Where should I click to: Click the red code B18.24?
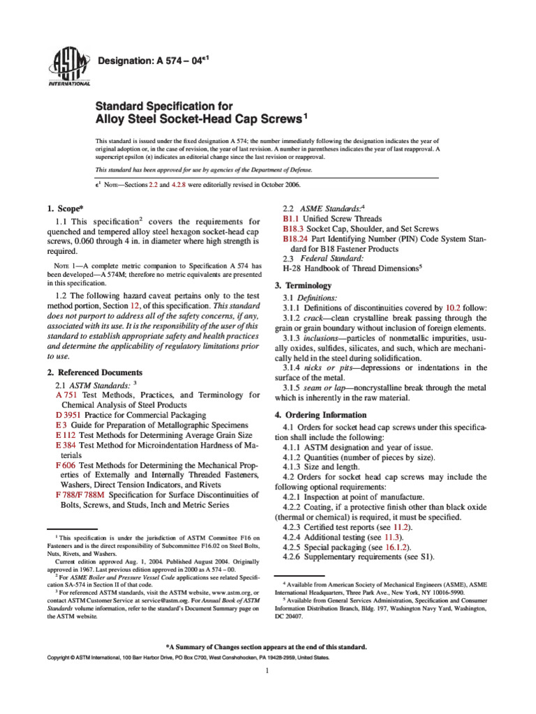pyautogui.click(x=295, y=238)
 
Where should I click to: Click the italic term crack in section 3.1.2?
pyautogui.click(x=318, y=318)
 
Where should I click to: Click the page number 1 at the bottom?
pyautogui.click(x=268, y=671)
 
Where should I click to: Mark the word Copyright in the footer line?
pyautogui.click(x=61, y=658)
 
